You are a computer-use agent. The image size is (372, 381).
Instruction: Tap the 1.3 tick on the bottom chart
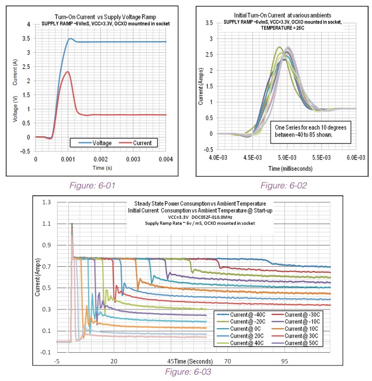(47, 202)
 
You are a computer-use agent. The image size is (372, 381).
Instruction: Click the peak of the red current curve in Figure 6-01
(67, 72)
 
